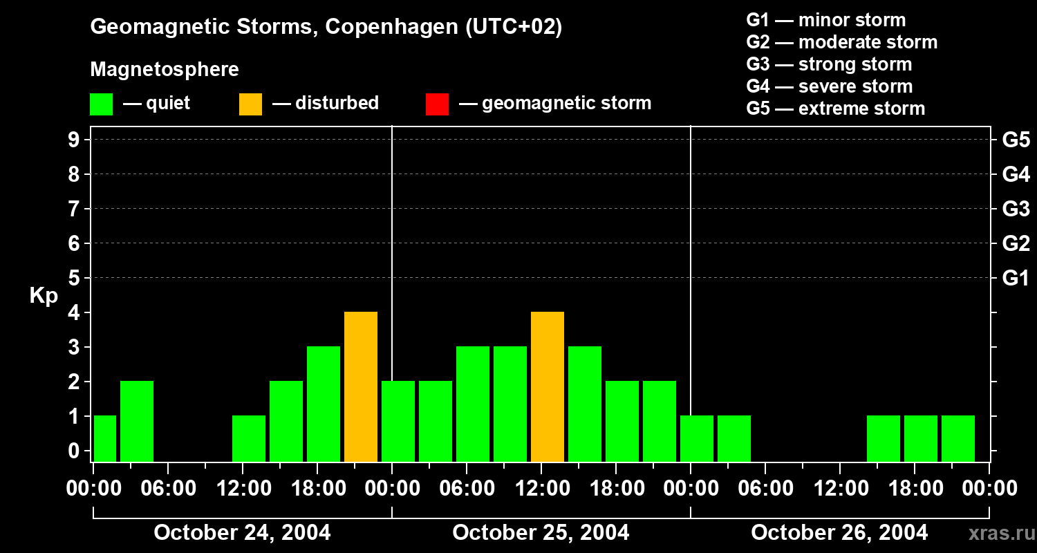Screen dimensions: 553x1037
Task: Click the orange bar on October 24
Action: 361,386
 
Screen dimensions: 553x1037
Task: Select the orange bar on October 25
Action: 548,386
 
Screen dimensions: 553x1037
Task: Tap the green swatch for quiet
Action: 101,104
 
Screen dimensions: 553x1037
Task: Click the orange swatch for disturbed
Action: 250,104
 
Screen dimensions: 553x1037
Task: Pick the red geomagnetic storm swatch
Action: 437,104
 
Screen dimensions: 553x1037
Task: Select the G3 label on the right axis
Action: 1016,209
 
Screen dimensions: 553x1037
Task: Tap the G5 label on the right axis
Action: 1016,140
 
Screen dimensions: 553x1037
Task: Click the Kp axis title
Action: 44,296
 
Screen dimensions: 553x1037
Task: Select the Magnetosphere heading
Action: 165,70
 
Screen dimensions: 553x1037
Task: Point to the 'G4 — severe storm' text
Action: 829,86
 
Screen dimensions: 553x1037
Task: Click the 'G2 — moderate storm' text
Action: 841,42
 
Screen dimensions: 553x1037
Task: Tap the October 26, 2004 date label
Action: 839,533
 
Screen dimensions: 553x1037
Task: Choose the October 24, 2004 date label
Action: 242,533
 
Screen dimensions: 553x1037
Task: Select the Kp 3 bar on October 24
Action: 324,404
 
